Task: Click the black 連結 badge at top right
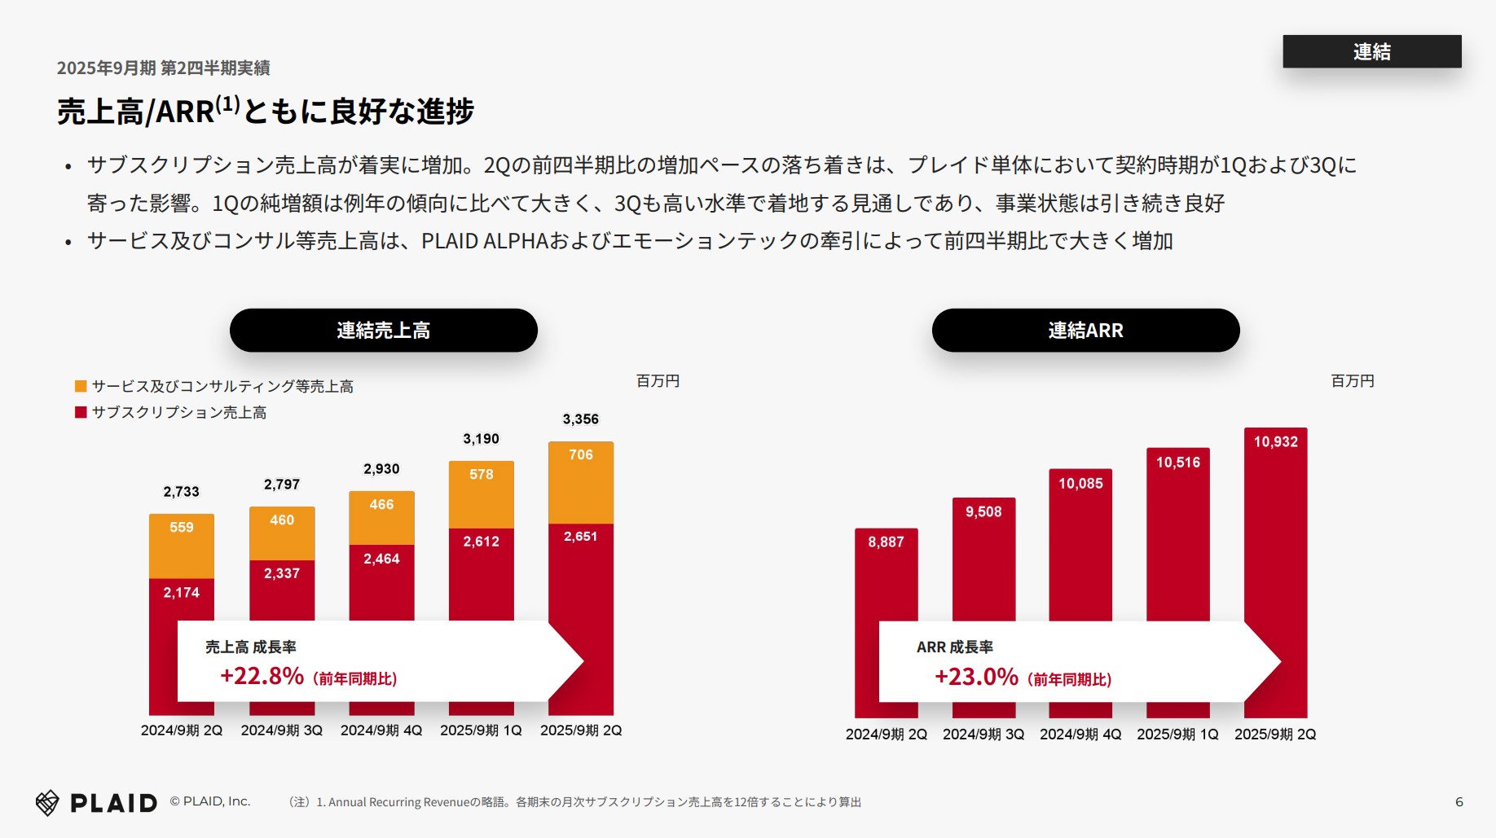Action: click(x=1371, y=51)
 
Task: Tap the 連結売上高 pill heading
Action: click(x=383, y=330)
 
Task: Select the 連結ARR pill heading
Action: click(x=1085, y=330)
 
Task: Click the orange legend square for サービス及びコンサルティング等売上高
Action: click(x=81, y=386)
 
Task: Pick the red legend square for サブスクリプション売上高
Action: click(x=81, y=412)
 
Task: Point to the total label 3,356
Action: click(x=580, y=419)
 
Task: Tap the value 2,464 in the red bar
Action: click(x=381, y=559)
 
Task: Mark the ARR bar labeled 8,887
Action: click(x=886, y=578)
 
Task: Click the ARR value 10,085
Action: click(x=1080, y=484)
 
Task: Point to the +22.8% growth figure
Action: click(x=262, y=676)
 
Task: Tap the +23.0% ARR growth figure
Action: click(x=976, y=677)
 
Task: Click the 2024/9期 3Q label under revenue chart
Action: click(x=281, y=731)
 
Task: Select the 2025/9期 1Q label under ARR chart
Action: click(x=1177, y=735)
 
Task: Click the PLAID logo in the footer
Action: click(x=96, y=803)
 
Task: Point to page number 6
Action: click(x=1459, y=802)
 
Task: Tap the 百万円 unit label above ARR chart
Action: click(x=1352, y=381)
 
